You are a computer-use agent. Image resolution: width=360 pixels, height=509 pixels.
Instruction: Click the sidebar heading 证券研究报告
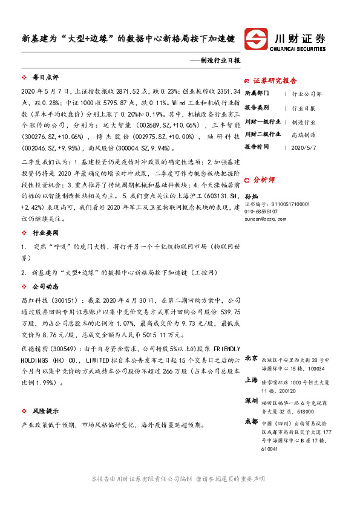coord(274,80)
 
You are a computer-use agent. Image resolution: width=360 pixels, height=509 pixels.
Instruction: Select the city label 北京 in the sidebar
coord(251,357)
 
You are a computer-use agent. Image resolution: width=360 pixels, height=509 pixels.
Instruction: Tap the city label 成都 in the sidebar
coord(251,421)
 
